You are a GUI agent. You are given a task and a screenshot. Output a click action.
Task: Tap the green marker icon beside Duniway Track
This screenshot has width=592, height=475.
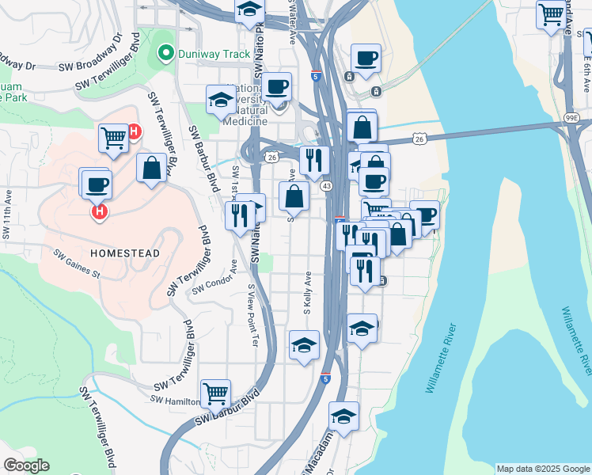click(x=165, y=54)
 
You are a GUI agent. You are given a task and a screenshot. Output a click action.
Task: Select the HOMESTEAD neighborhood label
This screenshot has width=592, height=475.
click(x=125, y=253)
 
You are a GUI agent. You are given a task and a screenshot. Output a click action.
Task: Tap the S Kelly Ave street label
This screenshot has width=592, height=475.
click(x=307, y=295)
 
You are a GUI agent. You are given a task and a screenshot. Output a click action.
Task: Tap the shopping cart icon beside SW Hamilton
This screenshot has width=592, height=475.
click(x=215, y=393)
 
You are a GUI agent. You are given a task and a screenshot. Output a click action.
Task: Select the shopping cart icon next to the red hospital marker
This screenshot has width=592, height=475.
click(x=114, y=139)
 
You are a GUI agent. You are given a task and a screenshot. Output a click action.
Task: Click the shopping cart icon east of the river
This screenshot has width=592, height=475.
click(x=550, y=14)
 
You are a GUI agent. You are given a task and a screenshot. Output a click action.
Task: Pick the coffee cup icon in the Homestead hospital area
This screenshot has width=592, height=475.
click(x=97, y=185)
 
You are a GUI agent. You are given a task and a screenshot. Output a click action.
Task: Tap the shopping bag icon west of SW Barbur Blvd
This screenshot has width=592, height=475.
click(x=151, y=168)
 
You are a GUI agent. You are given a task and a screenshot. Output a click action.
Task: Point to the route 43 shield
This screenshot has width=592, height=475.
click(x=326, y=184)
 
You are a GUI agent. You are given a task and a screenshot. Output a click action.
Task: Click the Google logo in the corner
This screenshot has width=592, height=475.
click(x=25, y=465)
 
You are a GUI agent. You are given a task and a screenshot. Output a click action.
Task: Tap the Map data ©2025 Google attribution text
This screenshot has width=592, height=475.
click(x=544, y=469)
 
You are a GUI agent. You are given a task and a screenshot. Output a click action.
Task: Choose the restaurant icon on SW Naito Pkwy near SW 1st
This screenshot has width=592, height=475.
click(x=240, y=215)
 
